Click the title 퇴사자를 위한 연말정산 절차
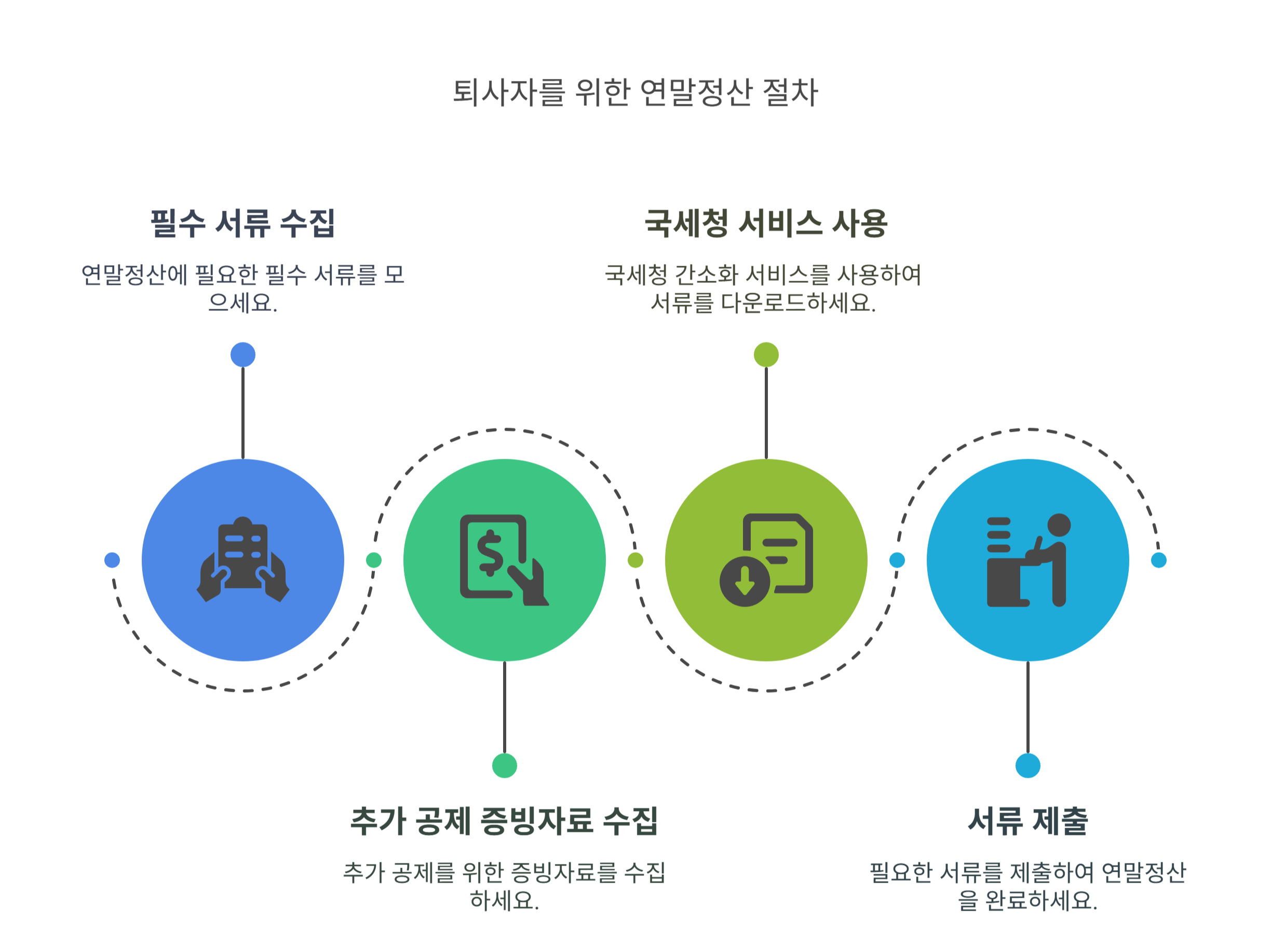[635, 93]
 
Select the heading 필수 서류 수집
[242, 223]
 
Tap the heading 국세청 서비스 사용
[766, 223]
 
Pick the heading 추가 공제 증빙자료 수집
[504, 821]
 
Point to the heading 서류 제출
[1027, 821]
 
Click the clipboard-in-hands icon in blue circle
[242, 560]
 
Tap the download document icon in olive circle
[766, 560]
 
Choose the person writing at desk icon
[1027, 560]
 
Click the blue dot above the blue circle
[242, 355]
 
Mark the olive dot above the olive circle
[766, 355]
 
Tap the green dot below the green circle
[504, 765]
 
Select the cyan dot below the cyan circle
[1027, 765]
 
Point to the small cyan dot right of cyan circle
[1158, 560]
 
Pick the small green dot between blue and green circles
[373, 560]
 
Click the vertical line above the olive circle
[766, 413]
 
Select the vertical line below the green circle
[504, 708]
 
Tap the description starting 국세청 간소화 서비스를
[763, 289]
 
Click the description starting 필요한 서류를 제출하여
[1027, 886]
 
